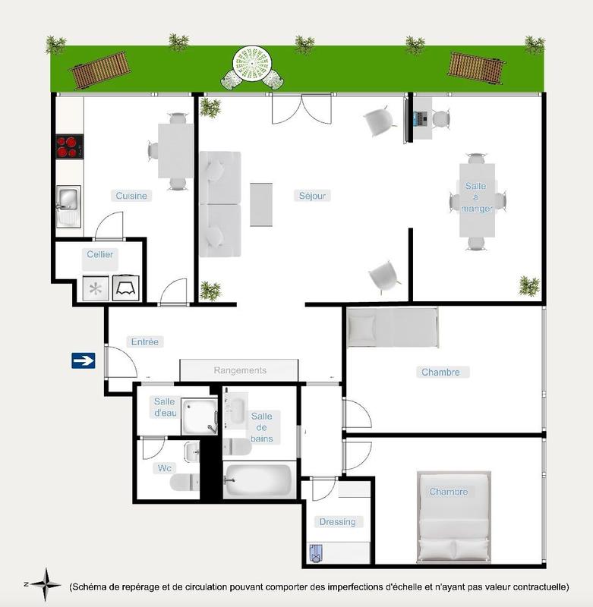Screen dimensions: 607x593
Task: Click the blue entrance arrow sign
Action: [84, 360]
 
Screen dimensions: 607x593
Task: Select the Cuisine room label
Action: [131, 196]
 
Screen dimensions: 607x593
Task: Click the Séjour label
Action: [311, 196]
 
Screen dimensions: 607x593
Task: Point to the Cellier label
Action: [99, 254]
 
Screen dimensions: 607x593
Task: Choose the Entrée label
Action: [144, 342]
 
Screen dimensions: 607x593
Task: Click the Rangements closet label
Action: [240, 370]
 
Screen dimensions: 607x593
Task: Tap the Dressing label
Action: [337, 521]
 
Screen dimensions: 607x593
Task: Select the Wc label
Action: [163, 467]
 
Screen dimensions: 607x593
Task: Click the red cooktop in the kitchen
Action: [68, 146]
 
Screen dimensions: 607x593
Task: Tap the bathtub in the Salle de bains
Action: [258, 480]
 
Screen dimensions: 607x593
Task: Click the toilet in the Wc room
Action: [184, 481]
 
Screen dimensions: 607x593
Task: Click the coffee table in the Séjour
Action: [260, 204]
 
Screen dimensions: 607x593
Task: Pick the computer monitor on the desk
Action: [416, 118]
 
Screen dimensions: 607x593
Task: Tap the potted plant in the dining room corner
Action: [529, 286]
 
